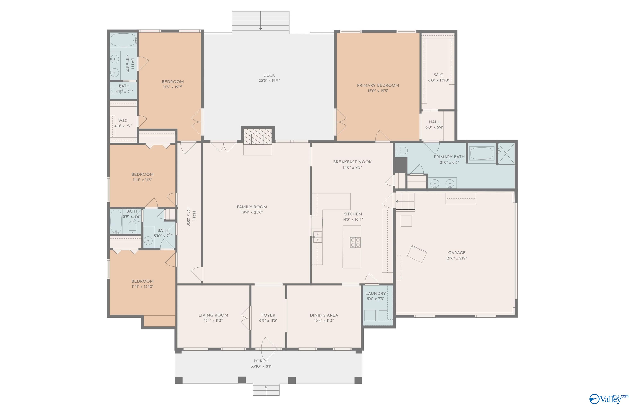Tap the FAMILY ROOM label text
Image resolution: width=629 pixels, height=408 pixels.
tap(252, 207)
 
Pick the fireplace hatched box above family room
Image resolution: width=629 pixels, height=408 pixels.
tap(257, 137)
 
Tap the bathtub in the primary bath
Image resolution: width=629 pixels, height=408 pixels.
tap(482, 153)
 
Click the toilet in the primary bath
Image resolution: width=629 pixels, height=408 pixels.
tap(401, 151)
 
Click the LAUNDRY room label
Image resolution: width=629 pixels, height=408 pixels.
tap(376, 293)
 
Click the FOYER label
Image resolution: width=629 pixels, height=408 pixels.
tap(268, 315)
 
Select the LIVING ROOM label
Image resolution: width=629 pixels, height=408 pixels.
tap(213, 315)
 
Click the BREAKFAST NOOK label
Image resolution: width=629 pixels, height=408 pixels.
tap(352, 162)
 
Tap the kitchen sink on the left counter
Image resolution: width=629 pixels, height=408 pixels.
tap(317, 237)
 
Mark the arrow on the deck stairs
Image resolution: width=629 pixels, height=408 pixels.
tap(261, 21)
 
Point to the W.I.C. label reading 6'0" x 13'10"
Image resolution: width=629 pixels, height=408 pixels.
tap(439, 80)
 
